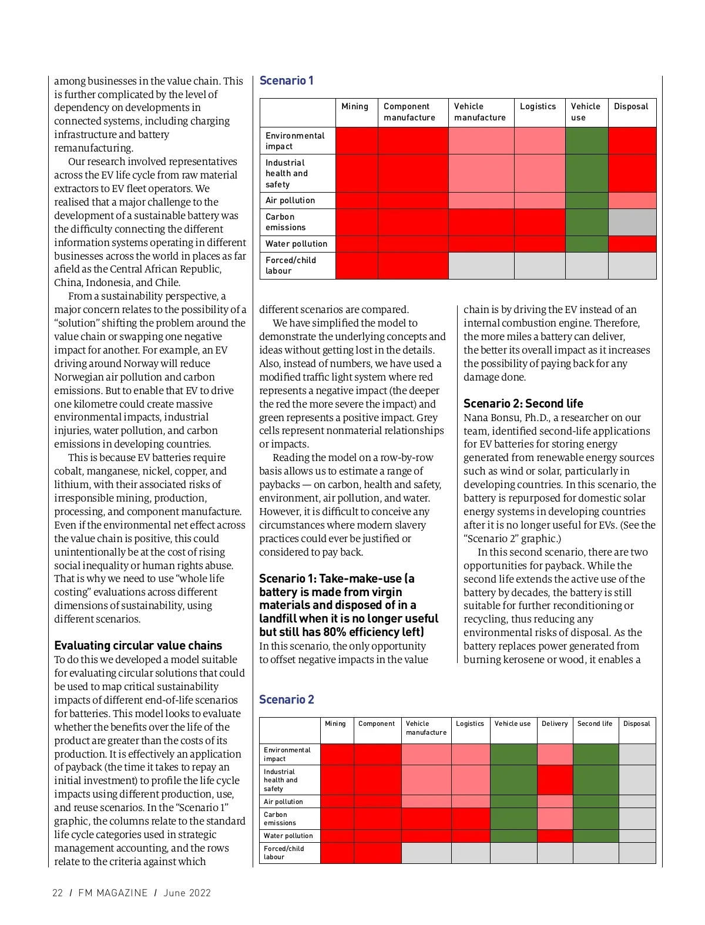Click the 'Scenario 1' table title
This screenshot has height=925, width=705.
286,80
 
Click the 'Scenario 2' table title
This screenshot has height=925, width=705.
287,699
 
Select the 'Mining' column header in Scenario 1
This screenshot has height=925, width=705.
355,106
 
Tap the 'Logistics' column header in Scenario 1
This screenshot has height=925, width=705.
538,106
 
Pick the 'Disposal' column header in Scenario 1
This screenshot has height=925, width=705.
631,106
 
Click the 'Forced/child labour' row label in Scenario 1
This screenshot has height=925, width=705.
290,265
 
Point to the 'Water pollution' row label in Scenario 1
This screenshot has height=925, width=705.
296,244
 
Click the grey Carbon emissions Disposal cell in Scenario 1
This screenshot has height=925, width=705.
632,222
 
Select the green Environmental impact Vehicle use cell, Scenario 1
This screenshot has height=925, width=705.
586,141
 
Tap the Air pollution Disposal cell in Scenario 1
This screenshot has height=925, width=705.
632,200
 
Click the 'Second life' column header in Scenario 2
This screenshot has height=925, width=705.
595,724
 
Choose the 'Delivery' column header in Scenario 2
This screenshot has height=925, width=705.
555,724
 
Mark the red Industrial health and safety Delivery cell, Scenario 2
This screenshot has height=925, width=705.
555,780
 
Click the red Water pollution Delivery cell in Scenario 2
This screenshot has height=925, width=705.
555,836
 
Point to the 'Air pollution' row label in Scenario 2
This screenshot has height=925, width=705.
283,802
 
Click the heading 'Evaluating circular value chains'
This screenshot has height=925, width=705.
138,645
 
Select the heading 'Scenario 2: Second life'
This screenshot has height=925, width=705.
523,403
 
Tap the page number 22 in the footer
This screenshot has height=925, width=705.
58,893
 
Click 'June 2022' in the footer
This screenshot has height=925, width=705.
187,893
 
